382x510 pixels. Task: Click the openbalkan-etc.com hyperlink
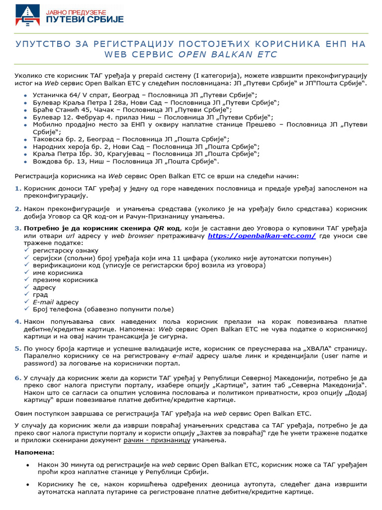(262, 236)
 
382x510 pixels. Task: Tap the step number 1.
(18, 188)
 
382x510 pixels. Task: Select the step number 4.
(18, 322)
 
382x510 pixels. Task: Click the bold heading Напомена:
(34, 452)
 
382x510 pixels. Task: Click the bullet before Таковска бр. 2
(26, 140)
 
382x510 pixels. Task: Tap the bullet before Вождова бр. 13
(26, 162)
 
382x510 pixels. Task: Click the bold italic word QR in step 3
(159, 228)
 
